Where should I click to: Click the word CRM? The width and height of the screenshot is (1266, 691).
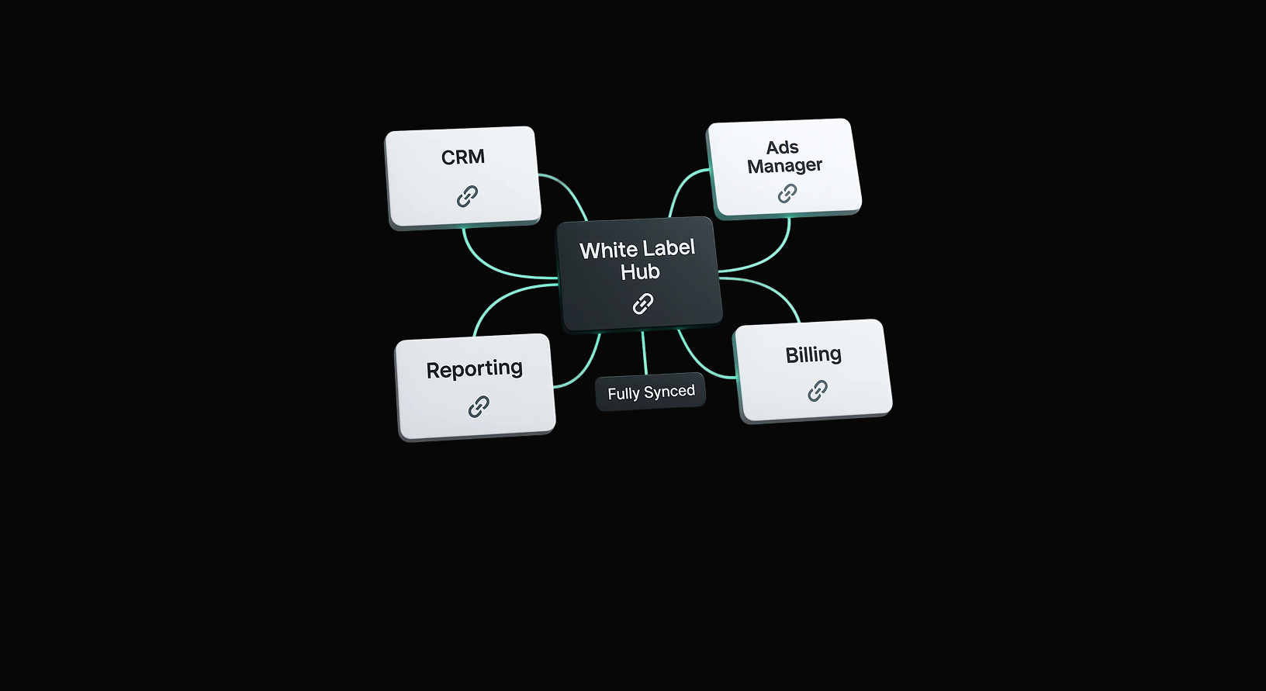[463, 157]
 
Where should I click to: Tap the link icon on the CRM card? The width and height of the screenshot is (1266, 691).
[467, 196]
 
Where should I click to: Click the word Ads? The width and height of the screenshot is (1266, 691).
[782, 147]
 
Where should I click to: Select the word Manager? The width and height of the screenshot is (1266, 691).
[784, 166]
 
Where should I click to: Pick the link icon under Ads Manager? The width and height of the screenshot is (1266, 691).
[787, 193]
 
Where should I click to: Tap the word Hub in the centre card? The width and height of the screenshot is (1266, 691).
[640, 272]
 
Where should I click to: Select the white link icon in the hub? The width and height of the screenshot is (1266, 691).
[643, 304]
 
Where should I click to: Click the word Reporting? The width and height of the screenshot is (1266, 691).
[474, 369]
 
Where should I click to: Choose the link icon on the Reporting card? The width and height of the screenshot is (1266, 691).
[479, 406]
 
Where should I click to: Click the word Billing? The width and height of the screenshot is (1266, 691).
[813, 355]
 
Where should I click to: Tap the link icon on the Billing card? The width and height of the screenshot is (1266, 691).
[818, 391]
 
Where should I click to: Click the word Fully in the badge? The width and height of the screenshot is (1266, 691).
[624, 394]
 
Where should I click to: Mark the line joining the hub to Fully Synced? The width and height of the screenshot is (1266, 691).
[644, 354]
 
